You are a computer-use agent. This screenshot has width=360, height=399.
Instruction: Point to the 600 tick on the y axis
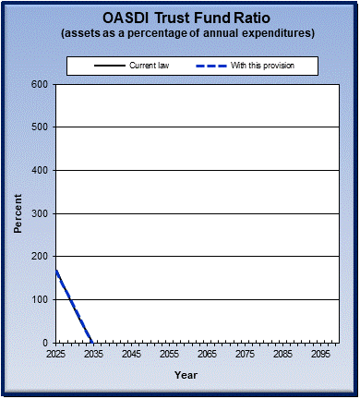[40, 85]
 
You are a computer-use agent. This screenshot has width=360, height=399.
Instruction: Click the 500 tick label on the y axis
[40, 127]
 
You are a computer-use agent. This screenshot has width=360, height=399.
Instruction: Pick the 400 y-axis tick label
[40, 171]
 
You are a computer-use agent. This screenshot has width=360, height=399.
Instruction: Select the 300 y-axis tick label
[40, 213]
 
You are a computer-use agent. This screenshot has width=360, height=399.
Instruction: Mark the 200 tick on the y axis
[40, 257]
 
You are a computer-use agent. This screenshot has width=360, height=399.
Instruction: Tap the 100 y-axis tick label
[40, 299]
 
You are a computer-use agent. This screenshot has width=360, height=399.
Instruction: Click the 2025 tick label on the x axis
[56, 354]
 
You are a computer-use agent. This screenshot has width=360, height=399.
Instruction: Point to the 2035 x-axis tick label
[93, 354]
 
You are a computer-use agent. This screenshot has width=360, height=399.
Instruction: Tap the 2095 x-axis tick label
[320, 354]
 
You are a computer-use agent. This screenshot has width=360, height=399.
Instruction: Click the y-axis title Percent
[18, 213]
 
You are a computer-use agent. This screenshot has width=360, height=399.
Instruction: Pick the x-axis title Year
[186, 375]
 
